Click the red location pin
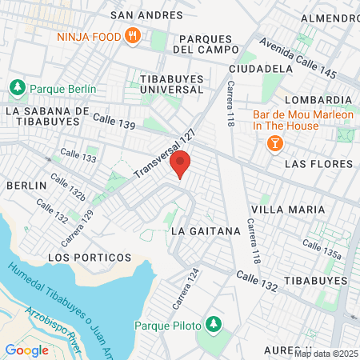tap(182, 163)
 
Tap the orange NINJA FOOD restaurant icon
tap(132, 37)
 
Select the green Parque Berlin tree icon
tap(15, 87)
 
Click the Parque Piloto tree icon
tap(213, 324)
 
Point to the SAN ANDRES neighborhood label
tap(141, 14)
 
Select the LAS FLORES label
tap(318, 164)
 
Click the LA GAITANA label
tap(206, 230)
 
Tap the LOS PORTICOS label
tap(90, 258)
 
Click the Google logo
tap(26, 350)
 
